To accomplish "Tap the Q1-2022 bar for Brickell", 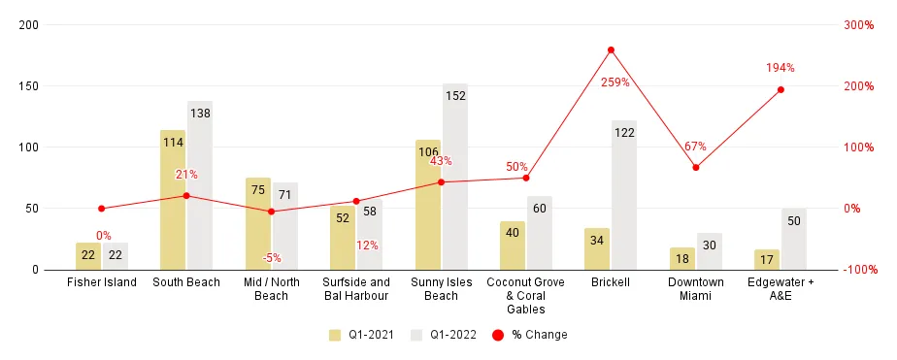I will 624,195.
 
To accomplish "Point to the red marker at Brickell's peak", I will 611,49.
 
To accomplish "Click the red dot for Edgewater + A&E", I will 781,89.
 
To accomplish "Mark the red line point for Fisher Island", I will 102,209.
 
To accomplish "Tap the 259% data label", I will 615,82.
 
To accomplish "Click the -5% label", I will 272,258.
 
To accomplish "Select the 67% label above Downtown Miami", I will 695,147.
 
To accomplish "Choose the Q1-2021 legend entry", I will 361,335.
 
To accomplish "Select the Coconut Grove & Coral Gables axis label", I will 525,296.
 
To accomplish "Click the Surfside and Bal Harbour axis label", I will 356,289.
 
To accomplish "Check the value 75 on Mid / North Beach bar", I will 258,190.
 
